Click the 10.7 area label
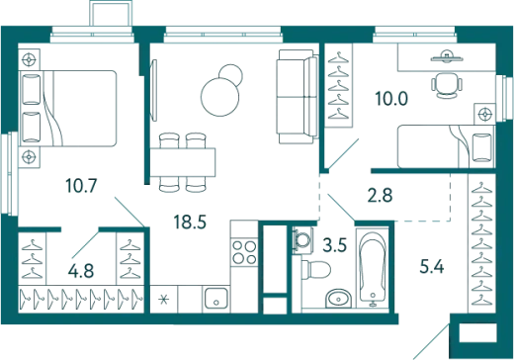(81, 185)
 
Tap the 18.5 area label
(190, 222)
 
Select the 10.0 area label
(391, 98)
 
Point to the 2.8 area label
(380, 195)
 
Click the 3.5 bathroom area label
(335, 245)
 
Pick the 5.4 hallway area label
(432, 266)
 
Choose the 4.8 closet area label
(81, 271)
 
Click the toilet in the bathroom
(315, 270)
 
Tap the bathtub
(373, 268)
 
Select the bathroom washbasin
(339, 299)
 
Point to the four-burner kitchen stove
(244, 252)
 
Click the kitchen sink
(215, 299)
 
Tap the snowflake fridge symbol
(164, 300)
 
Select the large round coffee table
(219, 97)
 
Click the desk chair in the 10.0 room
(447, 85)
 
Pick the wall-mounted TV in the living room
(153, 90)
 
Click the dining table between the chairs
(183, 162)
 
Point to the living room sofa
(298, 97)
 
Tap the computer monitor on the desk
(447, 57)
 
